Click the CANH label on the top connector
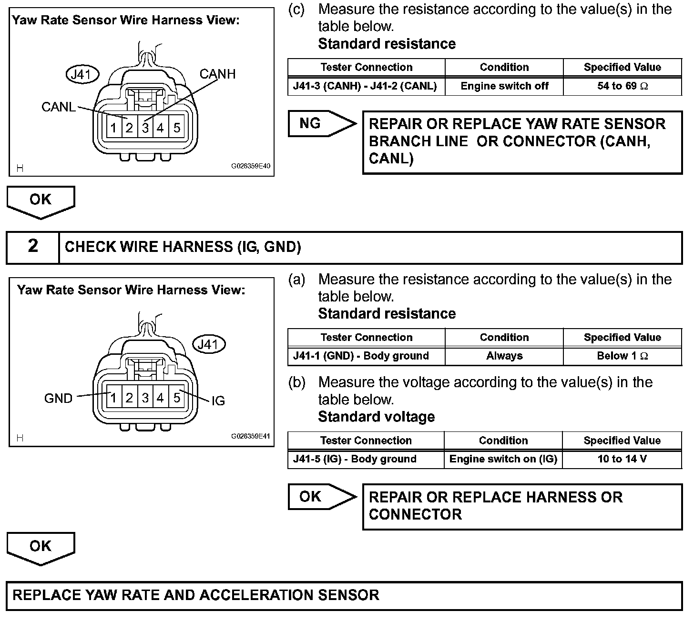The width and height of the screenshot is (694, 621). click(217, 74)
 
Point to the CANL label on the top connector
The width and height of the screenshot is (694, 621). click(58, 107)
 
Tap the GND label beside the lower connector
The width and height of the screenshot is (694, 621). click(58, 398)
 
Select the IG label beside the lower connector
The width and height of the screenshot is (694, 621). click(218, 401)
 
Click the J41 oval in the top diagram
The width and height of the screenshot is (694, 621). click(82, 75)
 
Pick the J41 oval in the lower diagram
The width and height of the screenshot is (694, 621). click(208, 344)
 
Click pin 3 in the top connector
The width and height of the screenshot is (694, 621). click(145, 128)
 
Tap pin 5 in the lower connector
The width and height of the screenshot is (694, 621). click(176, 397)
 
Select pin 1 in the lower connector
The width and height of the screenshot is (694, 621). click(113, 397)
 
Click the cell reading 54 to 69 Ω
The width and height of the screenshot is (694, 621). click(622, 86)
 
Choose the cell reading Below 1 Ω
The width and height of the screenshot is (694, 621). click(622, 356)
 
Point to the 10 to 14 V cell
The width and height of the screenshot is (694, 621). click(622, 459)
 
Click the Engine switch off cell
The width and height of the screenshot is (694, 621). click(504, 86)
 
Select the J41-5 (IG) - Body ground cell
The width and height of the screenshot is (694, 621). click(366, 459)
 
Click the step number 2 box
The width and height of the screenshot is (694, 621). click(32, 246)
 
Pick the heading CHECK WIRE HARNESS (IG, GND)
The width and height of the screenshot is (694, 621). click(183, 247)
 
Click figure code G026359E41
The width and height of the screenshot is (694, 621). click(251, 436)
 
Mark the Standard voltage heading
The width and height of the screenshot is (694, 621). click(376, 417)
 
